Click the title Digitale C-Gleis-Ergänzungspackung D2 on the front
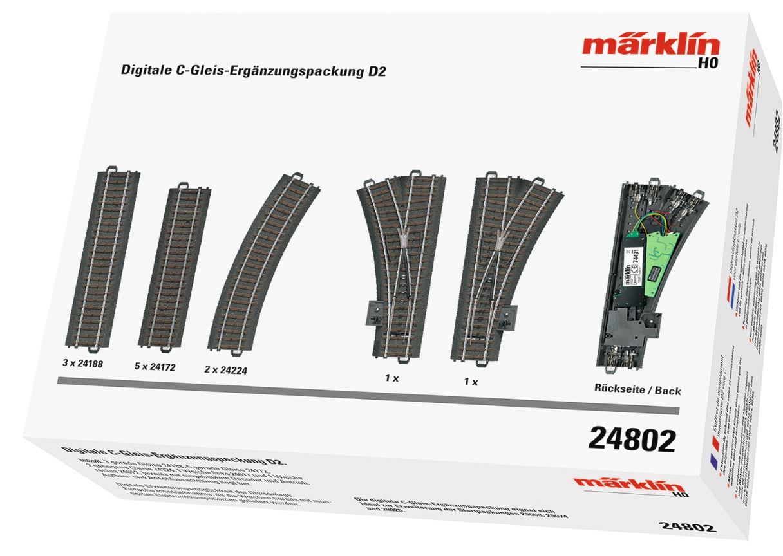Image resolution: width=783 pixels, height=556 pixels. coord(253,71)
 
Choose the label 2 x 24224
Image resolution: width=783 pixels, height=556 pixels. coord(225,370)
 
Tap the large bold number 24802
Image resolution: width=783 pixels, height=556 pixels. coord(632,440)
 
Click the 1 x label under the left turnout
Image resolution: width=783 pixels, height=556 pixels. coord(391,378)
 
